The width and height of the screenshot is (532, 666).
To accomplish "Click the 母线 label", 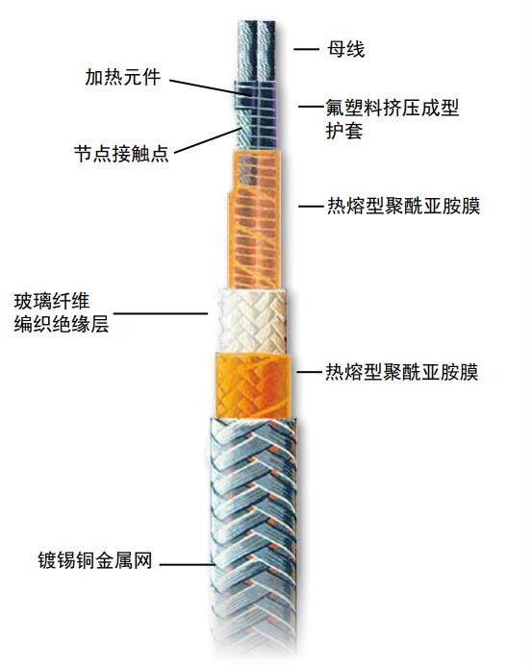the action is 345,49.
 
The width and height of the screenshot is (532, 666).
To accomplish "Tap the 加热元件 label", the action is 123,77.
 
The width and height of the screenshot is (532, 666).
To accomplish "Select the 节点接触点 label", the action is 121,154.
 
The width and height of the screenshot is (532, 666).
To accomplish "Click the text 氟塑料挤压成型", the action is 393,108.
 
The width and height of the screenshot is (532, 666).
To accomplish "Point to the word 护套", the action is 344,131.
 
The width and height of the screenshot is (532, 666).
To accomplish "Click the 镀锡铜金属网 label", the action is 95,560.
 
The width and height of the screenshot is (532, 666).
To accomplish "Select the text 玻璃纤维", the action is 52,302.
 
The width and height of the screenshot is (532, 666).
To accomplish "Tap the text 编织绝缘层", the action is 62,324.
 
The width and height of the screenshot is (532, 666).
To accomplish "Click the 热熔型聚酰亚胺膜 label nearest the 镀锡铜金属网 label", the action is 402,372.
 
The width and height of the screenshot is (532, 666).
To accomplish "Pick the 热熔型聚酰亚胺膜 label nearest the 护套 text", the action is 404,207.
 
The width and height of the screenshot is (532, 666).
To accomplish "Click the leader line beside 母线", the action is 306,49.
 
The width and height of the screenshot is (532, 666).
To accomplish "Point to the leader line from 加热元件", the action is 206,86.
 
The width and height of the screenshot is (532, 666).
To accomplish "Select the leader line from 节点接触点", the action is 207,140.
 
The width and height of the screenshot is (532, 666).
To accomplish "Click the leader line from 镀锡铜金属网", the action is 186,564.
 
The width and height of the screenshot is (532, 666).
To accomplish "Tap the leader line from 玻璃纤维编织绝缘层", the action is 161,314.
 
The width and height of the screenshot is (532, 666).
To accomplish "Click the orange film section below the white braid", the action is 253,385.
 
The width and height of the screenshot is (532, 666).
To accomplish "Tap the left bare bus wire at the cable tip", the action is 246,50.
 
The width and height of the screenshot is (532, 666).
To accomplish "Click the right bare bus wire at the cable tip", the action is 266,50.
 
